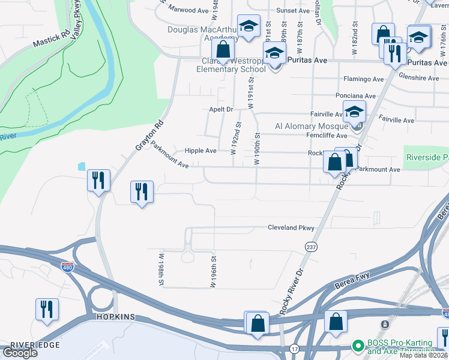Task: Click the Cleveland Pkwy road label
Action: (x=291, y=228)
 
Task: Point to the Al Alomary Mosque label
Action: (x=312, y=126)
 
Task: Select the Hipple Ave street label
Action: (x=200, y=151)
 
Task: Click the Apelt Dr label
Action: (x=220, y=109)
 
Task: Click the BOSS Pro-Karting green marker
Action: (x=358, y=346)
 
